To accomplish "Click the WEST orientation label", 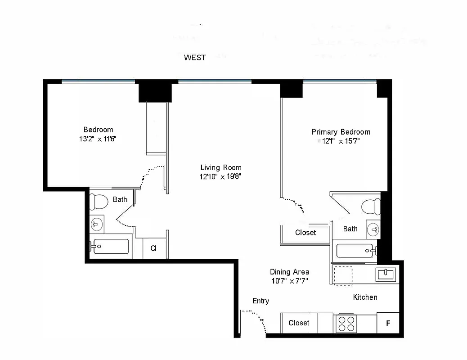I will [x=195, y=58].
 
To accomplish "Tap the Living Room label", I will [x=221, y=168].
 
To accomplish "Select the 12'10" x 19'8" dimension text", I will [x=221, y=177].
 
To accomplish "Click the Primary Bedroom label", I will [x=341, y=132].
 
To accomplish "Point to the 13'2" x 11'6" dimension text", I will [x=98, y=139].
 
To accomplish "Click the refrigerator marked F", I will [x=388, y=323].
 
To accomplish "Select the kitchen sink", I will [x=386, y=274].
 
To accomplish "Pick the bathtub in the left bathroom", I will [x=111, y=247].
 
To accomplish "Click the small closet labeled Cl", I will [x=154, y=248].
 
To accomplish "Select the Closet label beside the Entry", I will [x=299, y=323].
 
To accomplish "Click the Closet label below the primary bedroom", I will [x=305, y=233].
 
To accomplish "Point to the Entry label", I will [x=260, y=301].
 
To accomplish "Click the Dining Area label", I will [x=289, y=272].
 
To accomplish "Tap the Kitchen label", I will [x=365, y=297].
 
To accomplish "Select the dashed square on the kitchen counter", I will [x=342, y=275].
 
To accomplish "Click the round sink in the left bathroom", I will [x=97, y=224].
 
